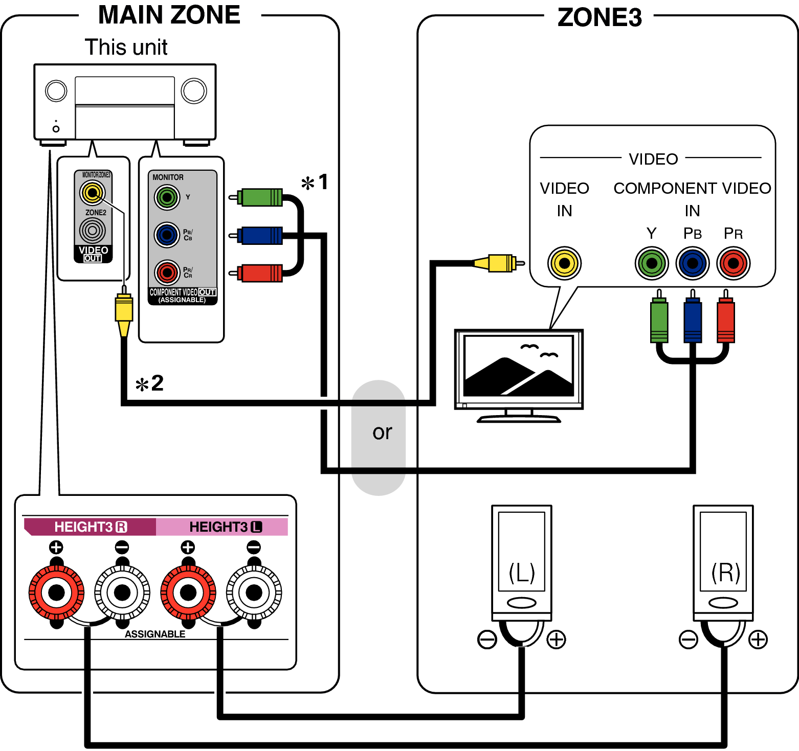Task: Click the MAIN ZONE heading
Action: click(x=169, y=15)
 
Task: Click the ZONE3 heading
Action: click(x=599, y=18)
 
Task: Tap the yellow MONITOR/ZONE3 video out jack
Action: click(x=92, y=193)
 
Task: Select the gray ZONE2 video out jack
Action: click(x=92, y=231)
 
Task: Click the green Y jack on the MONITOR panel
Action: click(x=167, y=197)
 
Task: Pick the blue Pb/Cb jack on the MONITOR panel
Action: click(x=167, y=235)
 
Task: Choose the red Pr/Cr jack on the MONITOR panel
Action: click(x=167, y=272)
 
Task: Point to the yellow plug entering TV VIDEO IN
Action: click(x=499, y=263)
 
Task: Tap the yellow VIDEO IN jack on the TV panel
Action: click(x=564, y=263)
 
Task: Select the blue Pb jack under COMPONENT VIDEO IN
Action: click(x=692, y=263)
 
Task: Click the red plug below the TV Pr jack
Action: click(x=725, y=321)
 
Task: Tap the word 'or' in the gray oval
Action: click(x=382, y=433)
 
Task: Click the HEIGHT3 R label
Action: click(x=90, y=527)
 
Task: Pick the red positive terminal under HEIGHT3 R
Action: click(x=56, y=593)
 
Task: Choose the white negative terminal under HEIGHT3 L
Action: click(x=254, y=593)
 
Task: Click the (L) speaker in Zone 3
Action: click(x=521, y=562)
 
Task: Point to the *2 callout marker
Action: click(x=149, y=383)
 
